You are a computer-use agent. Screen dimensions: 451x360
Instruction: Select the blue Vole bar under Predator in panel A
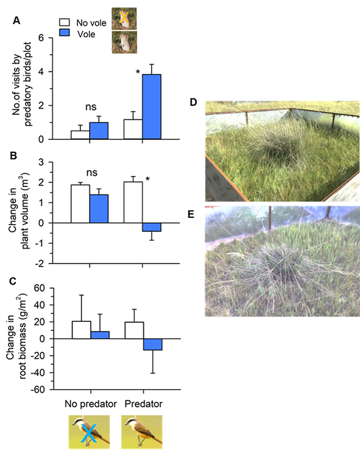point(152,107)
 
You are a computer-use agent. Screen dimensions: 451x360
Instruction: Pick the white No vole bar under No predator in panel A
point(80,135)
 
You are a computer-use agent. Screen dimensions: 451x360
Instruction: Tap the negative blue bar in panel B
point(152,227)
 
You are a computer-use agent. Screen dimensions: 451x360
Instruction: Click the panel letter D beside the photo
point(193,103)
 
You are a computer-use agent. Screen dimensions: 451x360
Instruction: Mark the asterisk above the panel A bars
point(138,73)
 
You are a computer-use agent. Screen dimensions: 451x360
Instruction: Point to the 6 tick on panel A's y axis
point(43,37)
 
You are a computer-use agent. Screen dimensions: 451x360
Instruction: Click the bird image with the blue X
point(89,432)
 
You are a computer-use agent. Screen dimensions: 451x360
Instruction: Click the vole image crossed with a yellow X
point(123,18)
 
